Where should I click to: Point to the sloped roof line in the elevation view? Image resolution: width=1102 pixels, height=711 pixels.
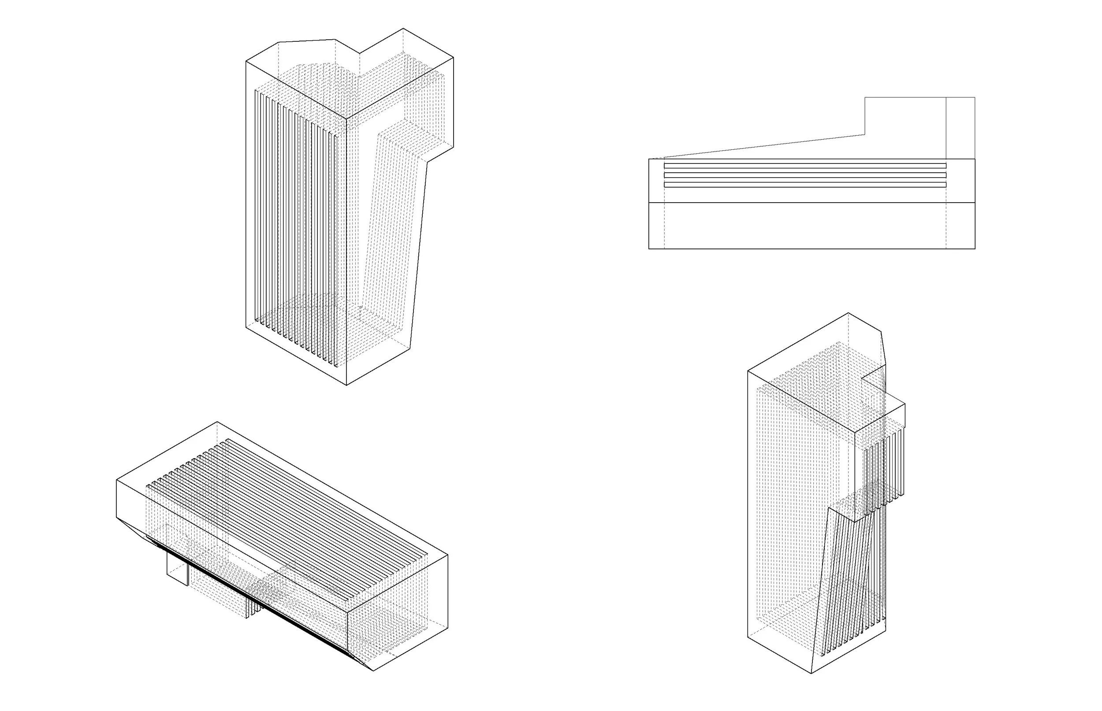pyautogui.click(x=762, y=146)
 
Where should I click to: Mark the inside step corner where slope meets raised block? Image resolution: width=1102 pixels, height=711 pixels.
pyautogui.click(x=864, y=134)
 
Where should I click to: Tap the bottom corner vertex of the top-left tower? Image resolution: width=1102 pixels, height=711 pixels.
pyautogui.click(x=346, y=385)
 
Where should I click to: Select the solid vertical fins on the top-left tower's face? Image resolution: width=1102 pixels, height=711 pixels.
pyautogui.click(x=296, y=222)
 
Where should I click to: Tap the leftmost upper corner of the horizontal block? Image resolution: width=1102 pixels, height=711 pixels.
pyautogui.click(x=116, y=480)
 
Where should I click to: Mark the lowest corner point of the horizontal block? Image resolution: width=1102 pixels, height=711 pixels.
pyautogui.click(x=373, y=671)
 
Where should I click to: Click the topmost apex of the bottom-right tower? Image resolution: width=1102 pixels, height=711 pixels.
pyautogui.click(x=849, y=313)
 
